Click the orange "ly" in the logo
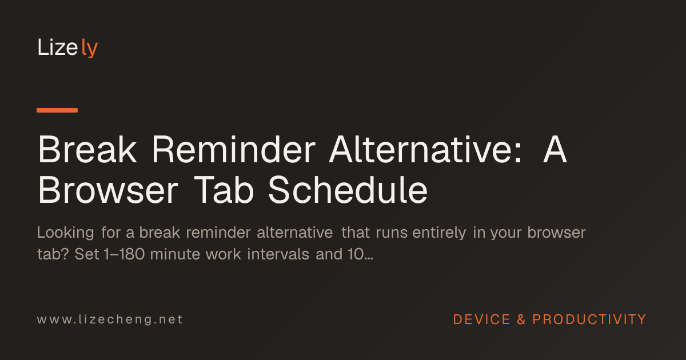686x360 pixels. pyautogui.click(x=89, y=48)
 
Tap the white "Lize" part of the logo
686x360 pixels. pyautogui.click(x=58, y=47)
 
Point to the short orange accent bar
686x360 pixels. pyautogui.click(x=57, y=110)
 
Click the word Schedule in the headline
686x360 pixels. pyautogui.click(x=348, y=190)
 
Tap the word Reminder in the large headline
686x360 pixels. pyautogui.click(x=234, y=149)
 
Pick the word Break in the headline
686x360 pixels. pyautogui.click(x=87, y=149)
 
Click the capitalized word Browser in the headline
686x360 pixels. pyautogui.click(x=108, y=190)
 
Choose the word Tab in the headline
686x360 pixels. pyautogui.click(x=224, y=190)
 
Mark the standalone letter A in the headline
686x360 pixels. pyautogui.click(x=555, y=149)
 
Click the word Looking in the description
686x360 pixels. pyautogui.click(x=66, y=233)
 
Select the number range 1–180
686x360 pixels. pyautogui.click(x=124, y=254)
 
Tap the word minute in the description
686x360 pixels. pyautogui.click(x=175, y=254)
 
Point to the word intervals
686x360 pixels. pyautogui.click(x=278, y=254)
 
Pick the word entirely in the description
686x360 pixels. pyautogui.click(x=439, y=233)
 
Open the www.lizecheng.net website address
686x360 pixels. pyautogui.click(x=110, y=319)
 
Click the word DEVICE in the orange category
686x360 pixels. pyautogui.click(x=481, y=319)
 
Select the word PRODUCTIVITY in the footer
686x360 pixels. pyautogui.click(x=589, y=319)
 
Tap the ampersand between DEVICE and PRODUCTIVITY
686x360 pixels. pyautogui.click(x=521, y=319)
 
